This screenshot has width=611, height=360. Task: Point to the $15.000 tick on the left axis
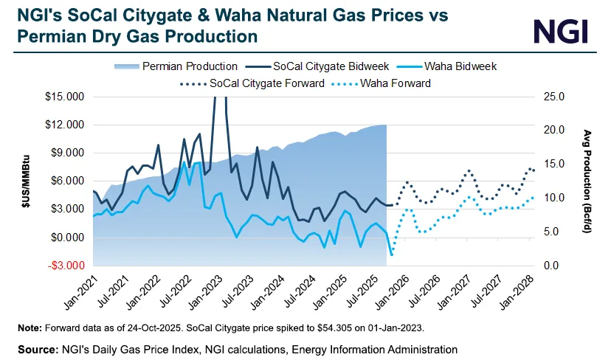[64, 97]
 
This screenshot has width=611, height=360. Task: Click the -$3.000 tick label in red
[64, 265]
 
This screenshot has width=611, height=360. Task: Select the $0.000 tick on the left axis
[66, 237]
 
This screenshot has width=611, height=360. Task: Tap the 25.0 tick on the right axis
[553, 97]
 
